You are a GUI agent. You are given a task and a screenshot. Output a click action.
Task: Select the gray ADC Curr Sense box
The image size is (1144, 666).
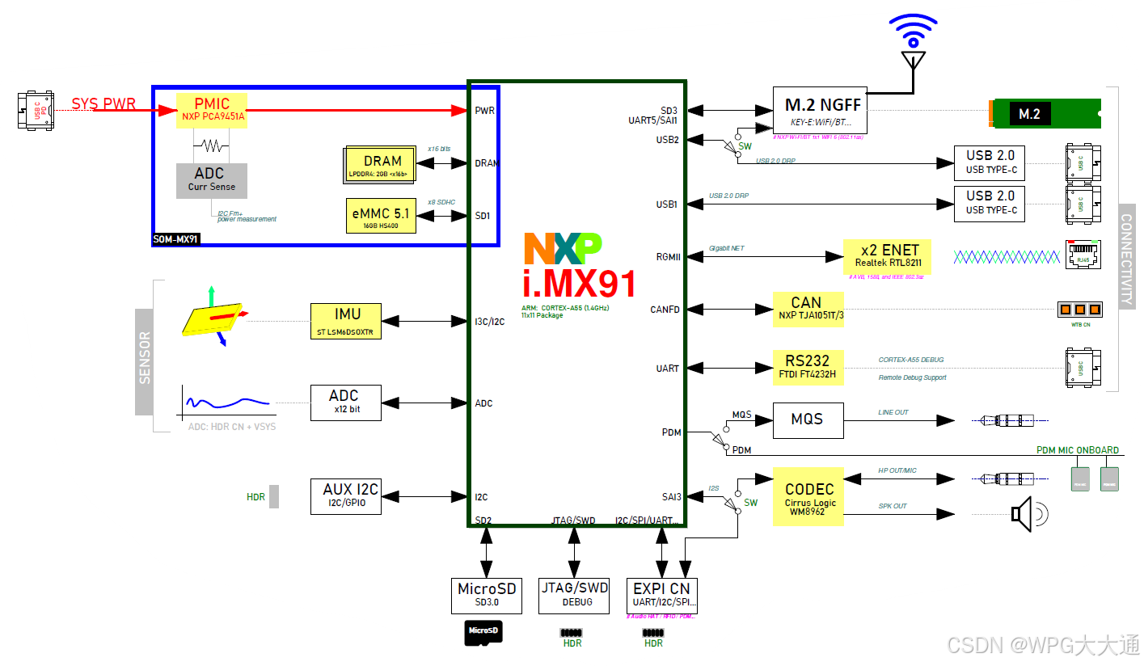coord(212,180)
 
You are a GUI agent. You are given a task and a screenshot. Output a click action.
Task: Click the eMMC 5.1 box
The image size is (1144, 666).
coord(381,216)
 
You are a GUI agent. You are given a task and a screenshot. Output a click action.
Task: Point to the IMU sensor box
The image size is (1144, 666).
coord(345,321)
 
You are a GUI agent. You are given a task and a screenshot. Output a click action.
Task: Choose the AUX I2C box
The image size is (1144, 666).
coord(345,495)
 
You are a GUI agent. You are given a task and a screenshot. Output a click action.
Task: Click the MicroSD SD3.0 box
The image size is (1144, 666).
coord(487,596)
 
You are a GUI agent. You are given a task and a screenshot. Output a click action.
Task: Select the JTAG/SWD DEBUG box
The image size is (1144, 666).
coord(575,596)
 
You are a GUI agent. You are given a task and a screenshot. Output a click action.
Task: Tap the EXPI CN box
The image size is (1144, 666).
coord(662,596)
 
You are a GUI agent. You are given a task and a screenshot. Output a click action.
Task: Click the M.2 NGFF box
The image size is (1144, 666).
coord(820,110)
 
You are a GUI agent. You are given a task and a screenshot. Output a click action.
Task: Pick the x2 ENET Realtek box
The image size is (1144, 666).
coord(887,255)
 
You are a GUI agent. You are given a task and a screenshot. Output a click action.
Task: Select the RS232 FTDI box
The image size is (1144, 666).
coord(808,366)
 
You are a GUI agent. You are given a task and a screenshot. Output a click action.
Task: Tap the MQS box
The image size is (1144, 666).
coord(808,419)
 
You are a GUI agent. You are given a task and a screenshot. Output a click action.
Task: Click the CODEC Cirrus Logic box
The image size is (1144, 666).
coord(808,496)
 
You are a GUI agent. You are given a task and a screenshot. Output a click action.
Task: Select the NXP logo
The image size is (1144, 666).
coord(562,249)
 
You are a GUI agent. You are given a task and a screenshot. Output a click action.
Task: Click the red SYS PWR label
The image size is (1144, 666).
coord(103,104)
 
